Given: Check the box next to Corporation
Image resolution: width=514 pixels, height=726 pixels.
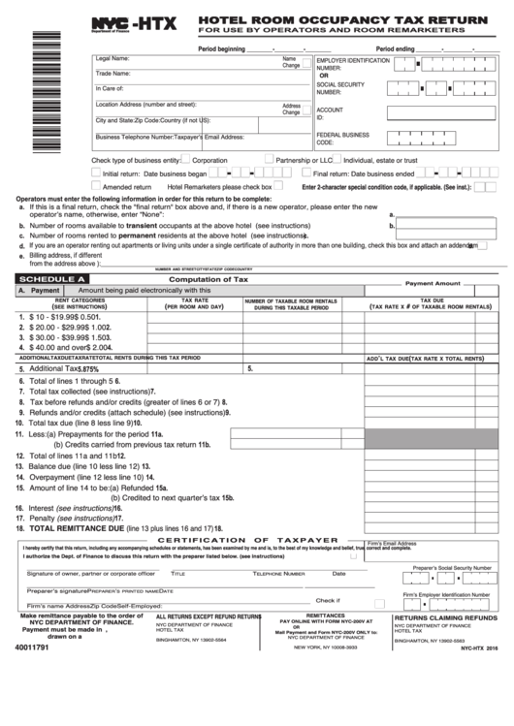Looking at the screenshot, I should (186, 160).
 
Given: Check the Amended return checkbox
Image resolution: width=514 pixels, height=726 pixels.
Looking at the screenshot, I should (96, 186).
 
